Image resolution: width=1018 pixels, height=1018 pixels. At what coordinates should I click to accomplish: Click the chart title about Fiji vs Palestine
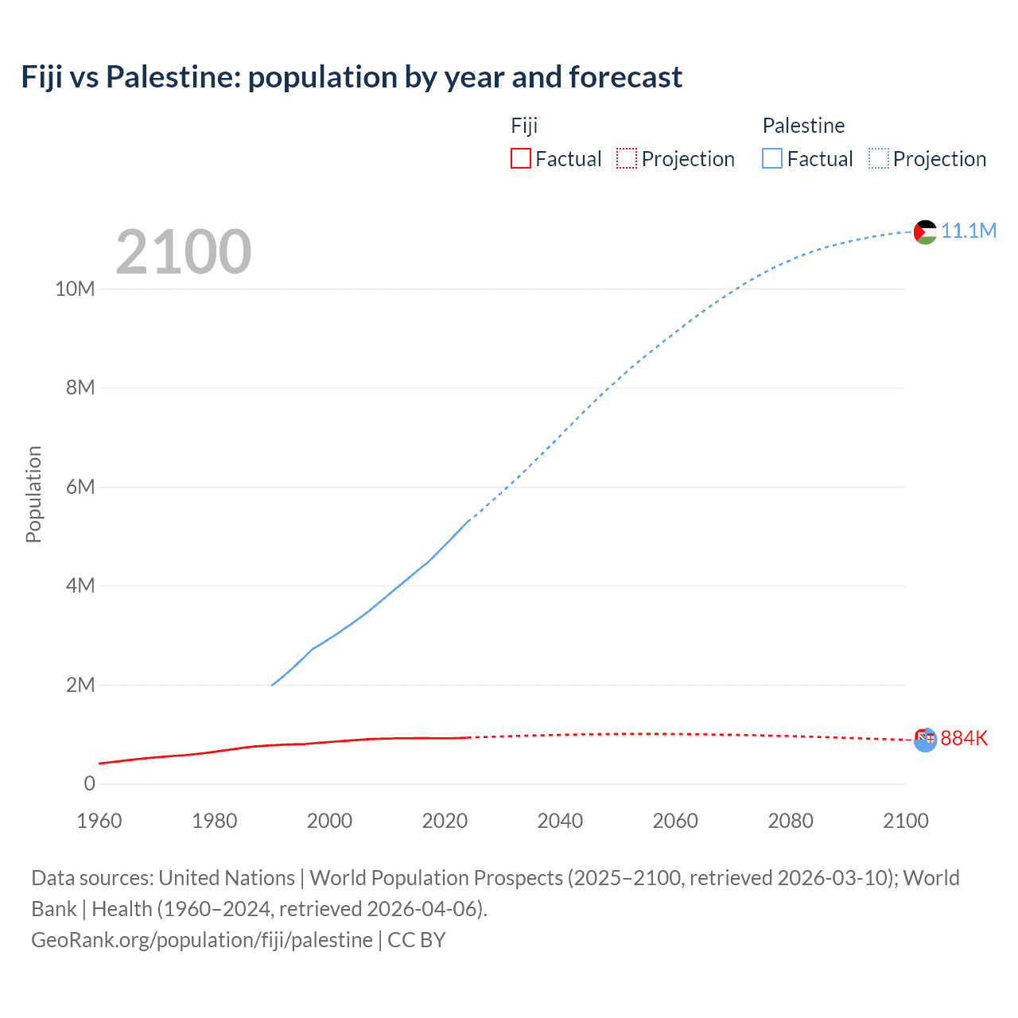coord(352,77)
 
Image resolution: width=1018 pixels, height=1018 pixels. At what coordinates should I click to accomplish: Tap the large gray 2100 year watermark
coord(184,252)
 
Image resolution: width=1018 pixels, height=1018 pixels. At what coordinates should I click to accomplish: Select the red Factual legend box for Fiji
coord(520,158)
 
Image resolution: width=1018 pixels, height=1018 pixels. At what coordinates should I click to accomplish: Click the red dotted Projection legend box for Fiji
coord(627,158)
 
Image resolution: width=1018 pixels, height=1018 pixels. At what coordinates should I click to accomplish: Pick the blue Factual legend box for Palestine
coord(771,158)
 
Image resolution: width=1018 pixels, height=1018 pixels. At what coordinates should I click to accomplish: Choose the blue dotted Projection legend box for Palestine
coord(878,158)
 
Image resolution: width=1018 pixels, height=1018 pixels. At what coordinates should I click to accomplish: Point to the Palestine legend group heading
coord(803,126)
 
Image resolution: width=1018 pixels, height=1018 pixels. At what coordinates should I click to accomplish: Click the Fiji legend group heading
coord(524,126)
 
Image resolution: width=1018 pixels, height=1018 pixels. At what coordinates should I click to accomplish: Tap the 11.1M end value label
coord(969,231)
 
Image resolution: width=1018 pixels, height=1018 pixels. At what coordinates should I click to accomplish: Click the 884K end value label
coord(964,738)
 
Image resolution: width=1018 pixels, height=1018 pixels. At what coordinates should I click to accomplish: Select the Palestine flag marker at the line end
coord(925,232)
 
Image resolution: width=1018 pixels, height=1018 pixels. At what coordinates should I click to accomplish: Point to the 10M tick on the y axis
coord(75,289)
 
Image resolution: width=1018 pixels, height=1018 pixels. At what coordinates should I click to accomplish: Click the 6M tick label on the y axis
coord(80,487)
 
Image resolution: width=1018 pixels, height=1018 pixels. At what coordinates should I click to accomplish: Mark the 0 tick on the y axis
coord(89,783)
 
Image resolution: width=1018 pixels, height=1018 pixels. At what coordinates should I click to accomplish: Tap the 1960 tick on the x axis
coord(99,821)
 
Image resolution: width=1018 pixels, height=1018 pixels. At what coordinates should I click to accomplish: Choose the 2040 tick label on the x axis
coord(560,821)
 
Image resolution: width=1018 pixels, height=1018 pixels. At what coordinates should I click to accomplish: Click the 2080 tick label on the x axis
coord(791,821)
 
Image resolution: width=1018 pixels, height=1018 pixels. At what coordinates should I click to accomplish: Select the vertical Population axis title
coord(33,494)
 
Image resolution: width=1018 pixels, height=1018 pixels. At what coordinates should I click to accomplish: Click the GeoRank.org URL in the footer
coord(202,940)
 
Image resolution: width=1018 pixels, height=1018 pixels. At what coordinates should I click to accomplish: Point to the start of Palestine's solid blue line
coord(272,685)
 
